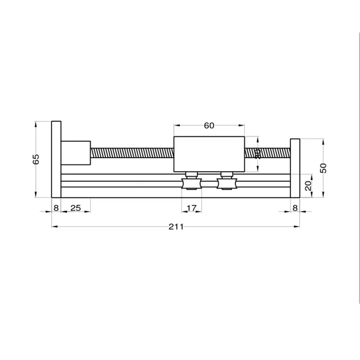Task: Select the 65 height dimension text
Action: point(36,159)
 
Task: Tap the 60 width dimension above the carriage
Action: point(209,126)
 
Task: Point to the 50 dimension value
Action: point(323,168)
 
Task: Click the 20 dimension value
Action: point(308,185)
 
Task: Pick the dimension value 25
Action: point(76,208)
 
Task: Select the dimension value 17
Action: point(191,208)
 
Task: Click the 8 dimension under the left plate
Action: point(56,208)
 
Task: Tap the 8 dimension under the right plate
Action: point(295,208)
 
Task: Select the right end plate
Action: point(295,168)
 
